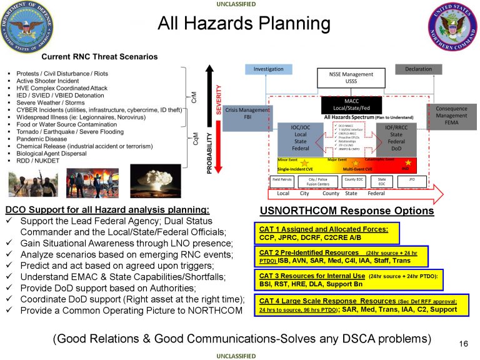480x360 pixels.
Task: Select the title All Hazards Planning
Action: pyautogui.click(x=244, y=24)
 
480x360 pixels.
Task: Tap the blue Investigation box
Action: pyautogui.click(x=269, y=69)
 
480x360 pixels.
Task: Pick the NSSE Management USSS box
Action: pyautogui.click(x=351, y=77)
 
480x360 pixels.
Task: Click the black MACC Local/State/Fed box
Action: pyautogui.click(x=351, y=104)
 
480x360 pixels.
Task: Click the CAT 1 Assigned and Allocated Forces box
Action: pyautogui.click(x=326, y=233)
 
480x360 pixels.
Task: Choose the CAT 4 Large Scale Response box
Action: pyautogui.click(x=360, y=305)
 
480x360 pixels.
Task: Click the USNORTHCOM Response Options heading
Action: pyautogui.click(x=346, y=211)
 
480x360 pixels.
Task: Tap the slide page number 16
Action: pyautogui.click(x=463, y=343)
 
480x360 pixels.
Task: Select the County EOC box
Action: pyautogui.click(x=354, y=179)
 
